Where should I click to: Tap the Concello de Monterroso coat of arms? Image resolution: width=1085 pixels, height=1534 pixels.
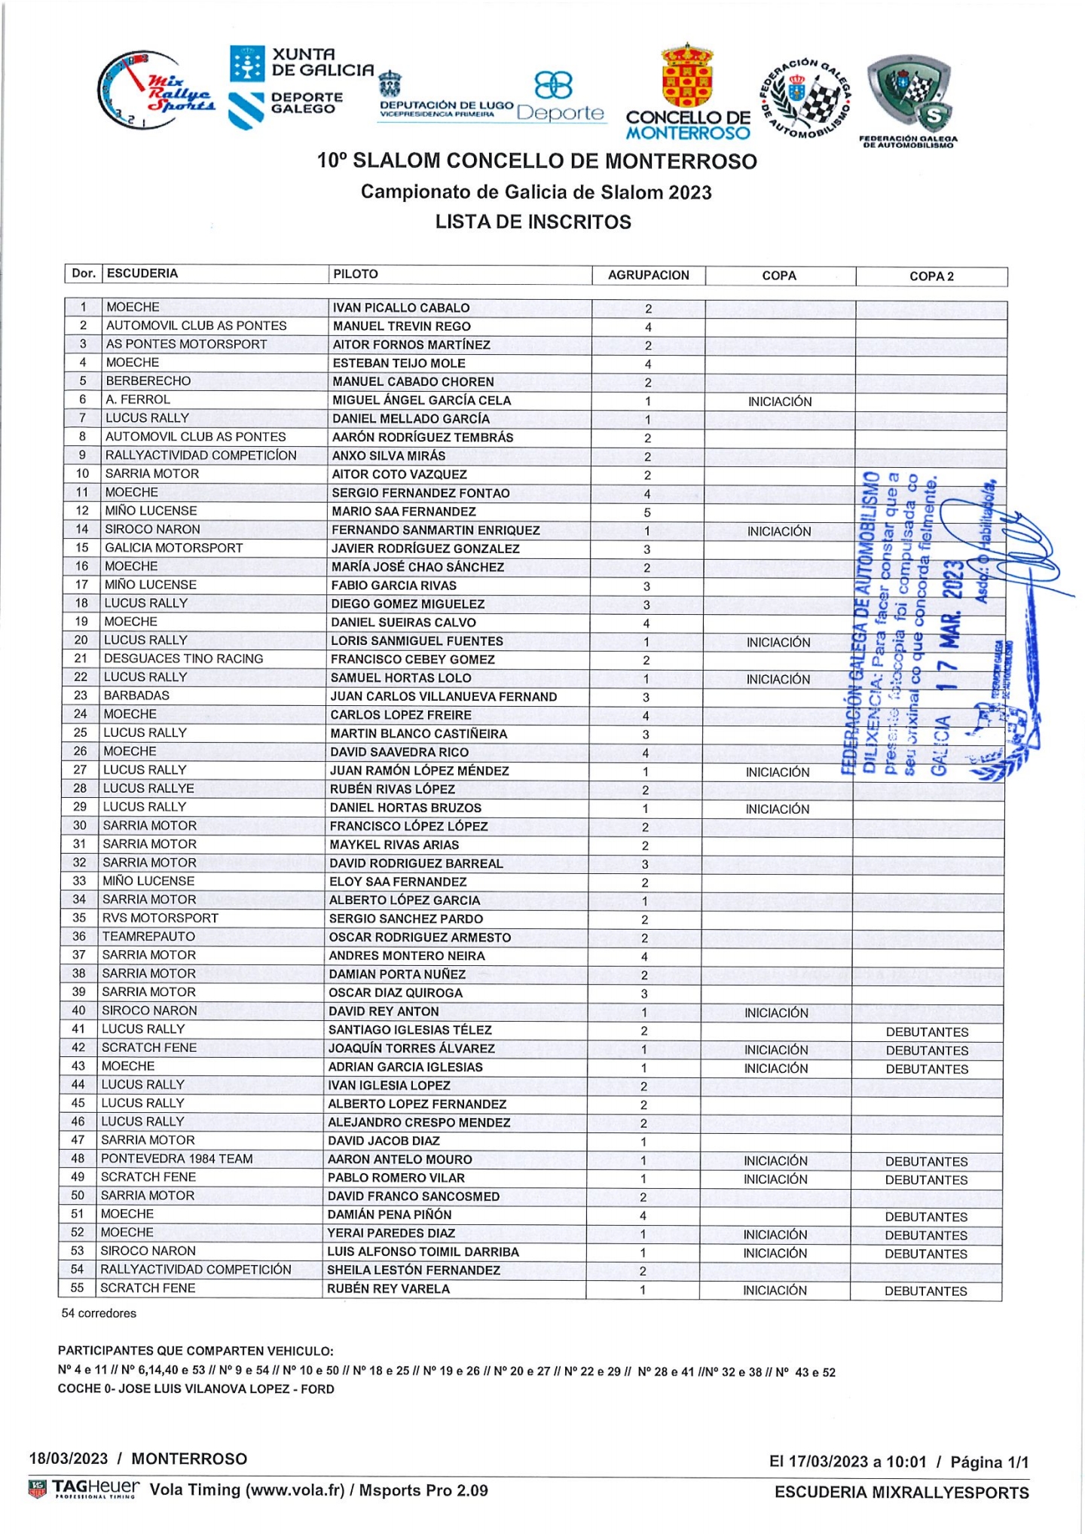(x=686, y=76)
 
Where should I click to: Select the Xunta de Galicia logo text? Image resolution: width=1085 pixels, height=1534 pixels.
(x=322, y=63)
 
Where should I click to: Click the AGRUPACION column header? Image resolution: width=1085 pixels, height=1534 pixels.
(x=648, y=275)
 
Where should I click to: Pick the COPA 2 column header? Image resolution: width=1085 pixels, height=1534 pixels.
(x=931, y=277)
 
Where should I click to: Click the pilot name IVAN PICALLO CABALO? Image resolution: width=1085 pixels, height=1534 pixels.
(x=401, y=307)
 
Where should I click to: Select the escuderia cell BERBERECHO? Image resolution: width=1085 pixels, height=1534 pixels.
(x=148, y=381)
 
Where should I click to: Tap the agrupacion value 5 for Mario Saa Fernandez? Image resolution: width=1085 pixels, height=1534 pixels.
(x=647, y=512)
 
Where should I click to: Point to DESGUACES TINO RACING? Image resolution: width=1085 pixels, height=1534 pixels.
(x=184, y=659)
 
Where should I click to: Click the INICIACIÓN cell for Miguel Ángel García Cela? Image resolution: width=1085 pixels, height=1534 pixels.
(x=780, y=402)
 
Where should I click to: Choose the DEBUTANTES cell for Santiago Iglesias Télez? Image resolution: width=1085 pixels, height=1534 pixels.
(x=927, y=1032)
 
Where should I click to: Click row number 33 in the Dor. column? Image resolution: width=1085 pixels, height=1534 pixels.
(x=80, y=881)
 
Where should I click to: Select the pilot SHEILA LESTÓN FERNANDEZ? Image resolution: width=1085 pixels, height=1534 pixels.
(x=414, y=1270)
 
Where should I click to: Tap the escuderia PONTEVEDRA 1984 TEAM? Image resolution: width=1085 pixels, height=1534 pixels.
(x=177, y=1159)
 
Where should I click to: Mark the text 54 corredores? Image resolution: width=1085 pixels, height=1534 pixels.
(x=99, y=1313)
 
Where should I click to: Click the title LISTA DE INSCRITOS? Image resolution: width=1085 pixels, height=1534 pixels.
(x=533, y=222)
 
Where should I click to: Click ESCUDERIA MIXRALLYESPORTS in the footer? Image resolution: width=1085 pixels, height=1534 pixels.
(x=901, y=1493)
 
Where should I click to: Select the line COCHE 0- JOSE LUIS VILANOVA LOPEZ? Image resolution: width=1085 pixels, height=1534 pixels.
(x=196, y=1389)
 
